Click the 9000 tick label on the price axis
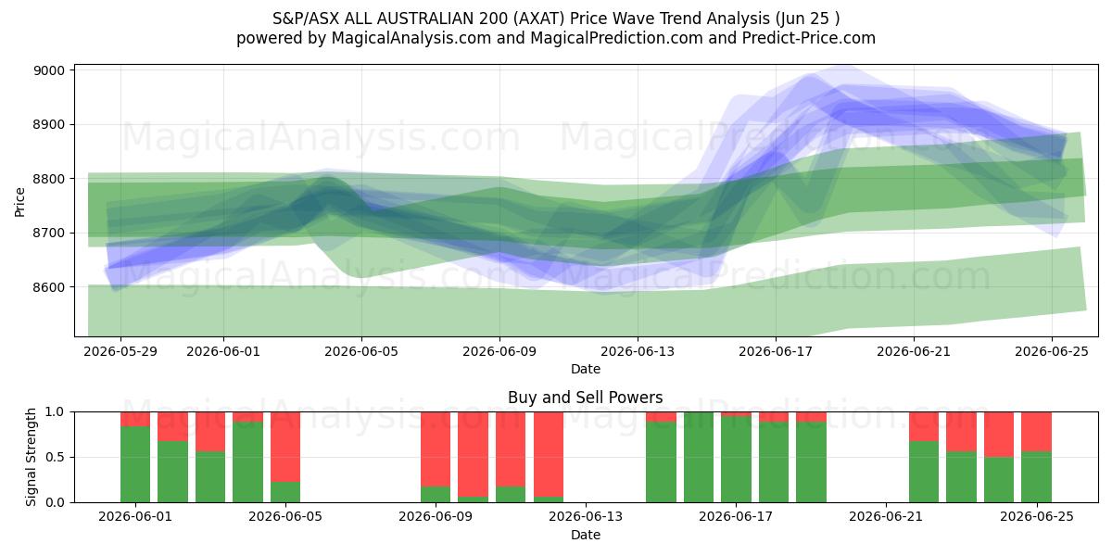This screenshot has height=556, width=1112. [48, 70]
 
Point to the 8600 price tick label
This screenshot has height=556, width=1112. [48, 287]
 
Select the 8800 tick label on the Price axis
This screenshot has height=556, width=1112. [48, 179]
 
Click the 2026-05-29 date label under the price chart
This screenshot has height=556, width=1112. [120, 351]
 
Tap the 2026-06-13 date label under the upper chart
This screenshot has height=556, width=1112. [638, 351]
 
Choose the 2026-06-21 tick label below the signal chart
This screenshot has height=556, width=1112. [886, 516]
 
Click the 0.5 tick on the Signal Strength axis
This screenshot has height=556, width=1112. [55, 457]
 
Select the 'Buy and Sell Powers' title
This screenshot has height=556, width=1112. [586, 398]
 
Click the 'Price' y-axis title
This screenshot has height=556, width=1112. [19, 202]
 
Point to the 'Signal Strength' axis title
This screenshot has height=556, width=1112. [31, 457]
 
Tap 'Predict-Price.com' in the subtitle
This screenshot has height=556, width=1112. [809, 38]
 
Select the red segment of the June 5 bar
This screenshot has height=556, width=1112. [285, 447]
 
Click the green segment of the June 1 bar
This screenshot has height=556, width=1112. [135, 464]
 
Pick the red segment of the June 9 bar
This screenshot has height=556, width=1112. [436, 449]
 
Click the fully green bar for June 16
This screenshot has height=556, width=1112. [699, 457]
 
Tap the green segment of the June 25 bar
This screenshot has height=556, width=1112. [1037, 477]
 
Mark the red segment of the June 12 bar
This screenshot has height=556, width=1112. [549, 454]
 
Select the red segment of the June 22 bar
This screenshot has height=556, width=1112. [924, 426]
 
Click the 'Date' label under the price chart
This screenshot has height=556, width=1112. [586, 369]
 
